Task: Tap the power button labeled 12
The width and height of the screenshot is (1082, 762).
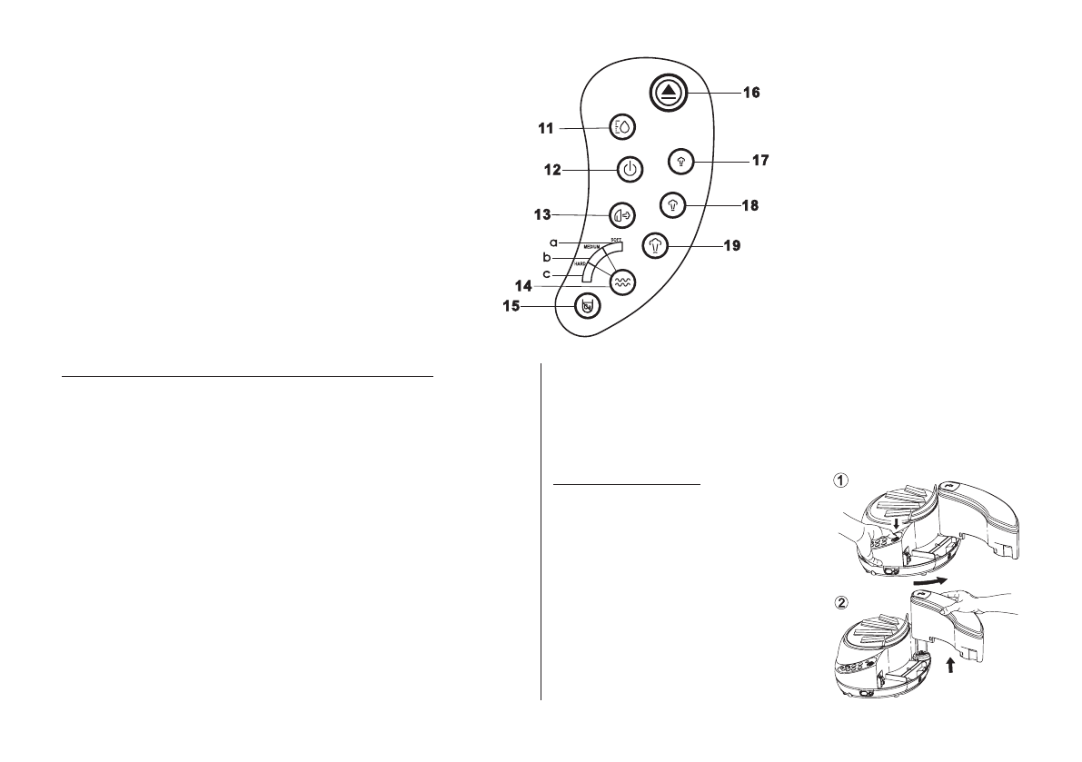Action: point(630,170)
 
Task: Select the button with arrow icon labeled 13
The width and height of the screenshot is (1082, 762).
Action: point(622,214)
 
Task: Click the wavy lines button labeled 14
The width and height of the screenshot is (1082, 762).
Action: point(622,282)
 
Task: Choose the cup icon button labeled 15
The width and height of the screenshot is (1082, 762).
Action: point(588,307)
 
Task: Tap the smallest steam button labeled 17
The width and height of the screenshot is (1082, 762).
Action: point(680,161)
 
